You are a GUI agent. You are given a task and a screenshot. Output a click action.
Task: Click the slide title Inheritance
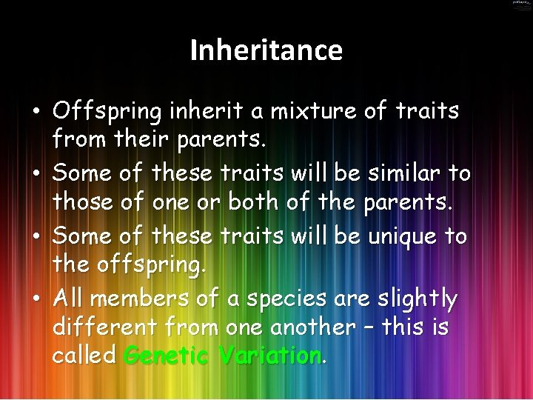pos(266,50)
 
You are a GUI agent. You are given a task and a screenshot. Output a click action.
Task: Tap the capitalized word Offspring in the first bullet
pos(107,112)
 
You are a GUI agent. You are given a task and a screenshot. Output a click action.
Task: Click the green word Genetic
pos(167,356)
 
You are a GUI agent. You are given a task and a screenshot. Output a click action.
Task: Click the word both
pos(253,201)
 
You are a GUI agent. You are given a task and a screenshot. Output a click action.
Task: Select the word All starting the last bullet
pos(69,299)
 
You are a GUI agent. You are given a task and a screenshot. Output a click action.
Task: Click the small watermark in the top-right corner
pos(521,4)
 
